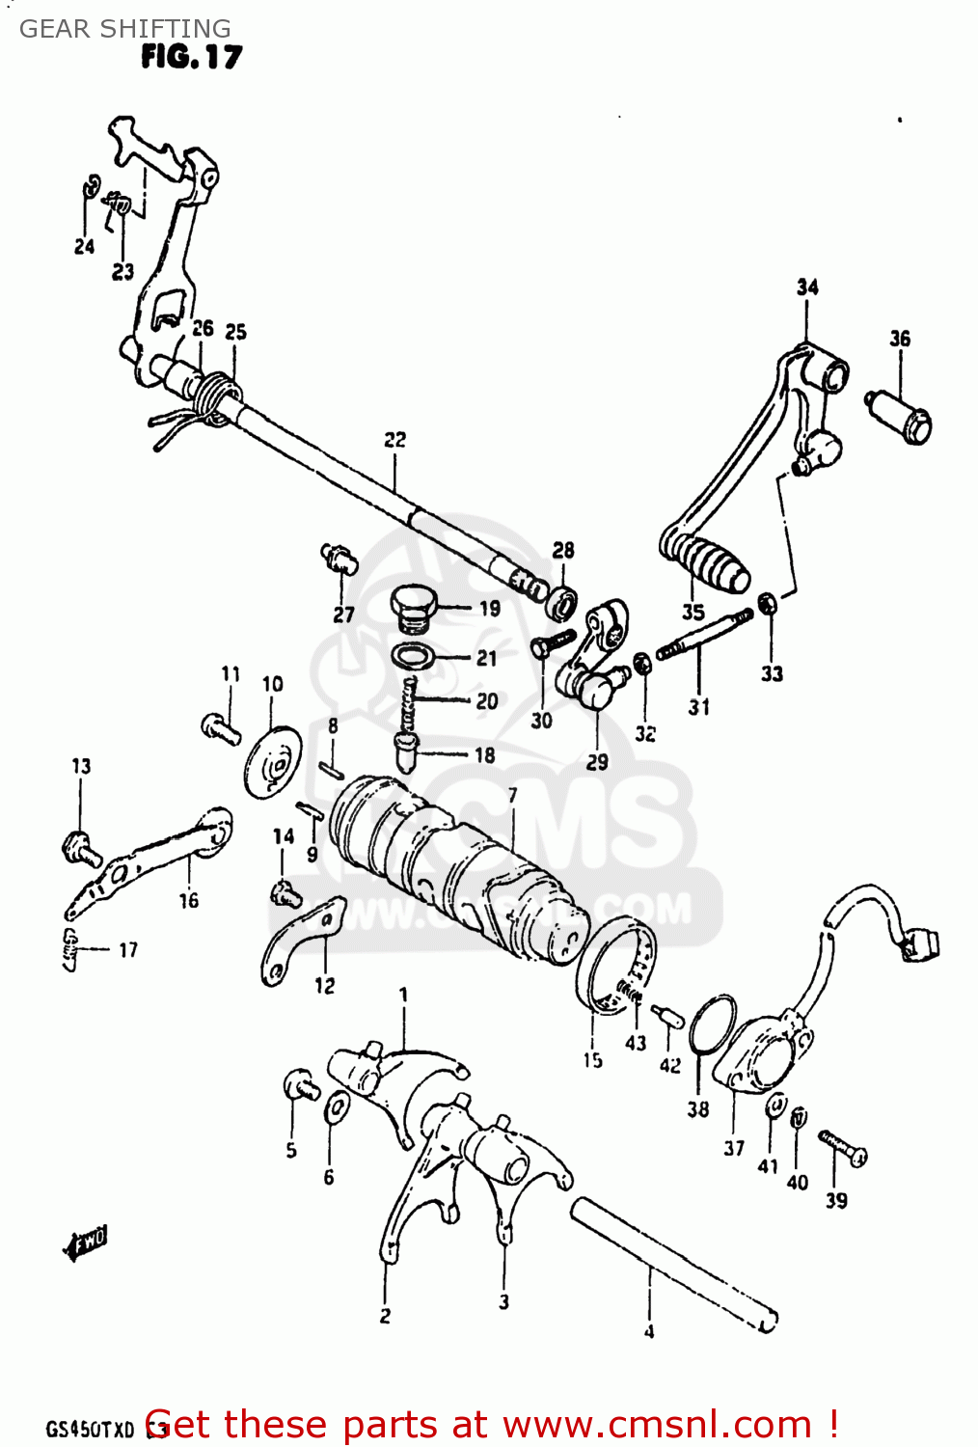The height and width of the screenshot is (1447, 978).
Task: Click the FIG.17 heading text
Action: [x=191, y=58]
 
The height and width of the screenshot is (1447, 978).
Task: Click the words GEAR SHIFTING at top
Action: [x=125, y=29]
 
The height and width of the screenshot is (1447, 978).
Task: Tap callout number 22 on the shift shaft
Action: [x=394, y=440]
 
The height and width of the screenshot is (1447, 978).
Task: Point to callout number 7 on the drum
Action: [x=512, y=796]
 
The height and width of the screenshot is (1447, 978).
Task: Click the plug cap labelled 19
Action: [x=415, y=608]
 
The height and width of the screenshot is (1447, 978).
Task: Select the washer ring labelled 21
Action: [x=414, y=658]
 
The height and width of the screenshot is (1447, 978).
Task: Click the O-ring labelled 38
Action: [x=713, y=1025]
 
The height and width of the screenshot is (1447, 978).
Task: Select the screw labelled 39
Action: [x=844, y=1148]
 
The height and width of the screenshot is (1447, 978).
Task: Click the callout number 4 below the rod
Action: [x=649, y=1332]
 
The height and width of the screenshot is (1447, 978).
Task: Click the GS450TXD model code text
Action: [x=90, y=1429]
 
